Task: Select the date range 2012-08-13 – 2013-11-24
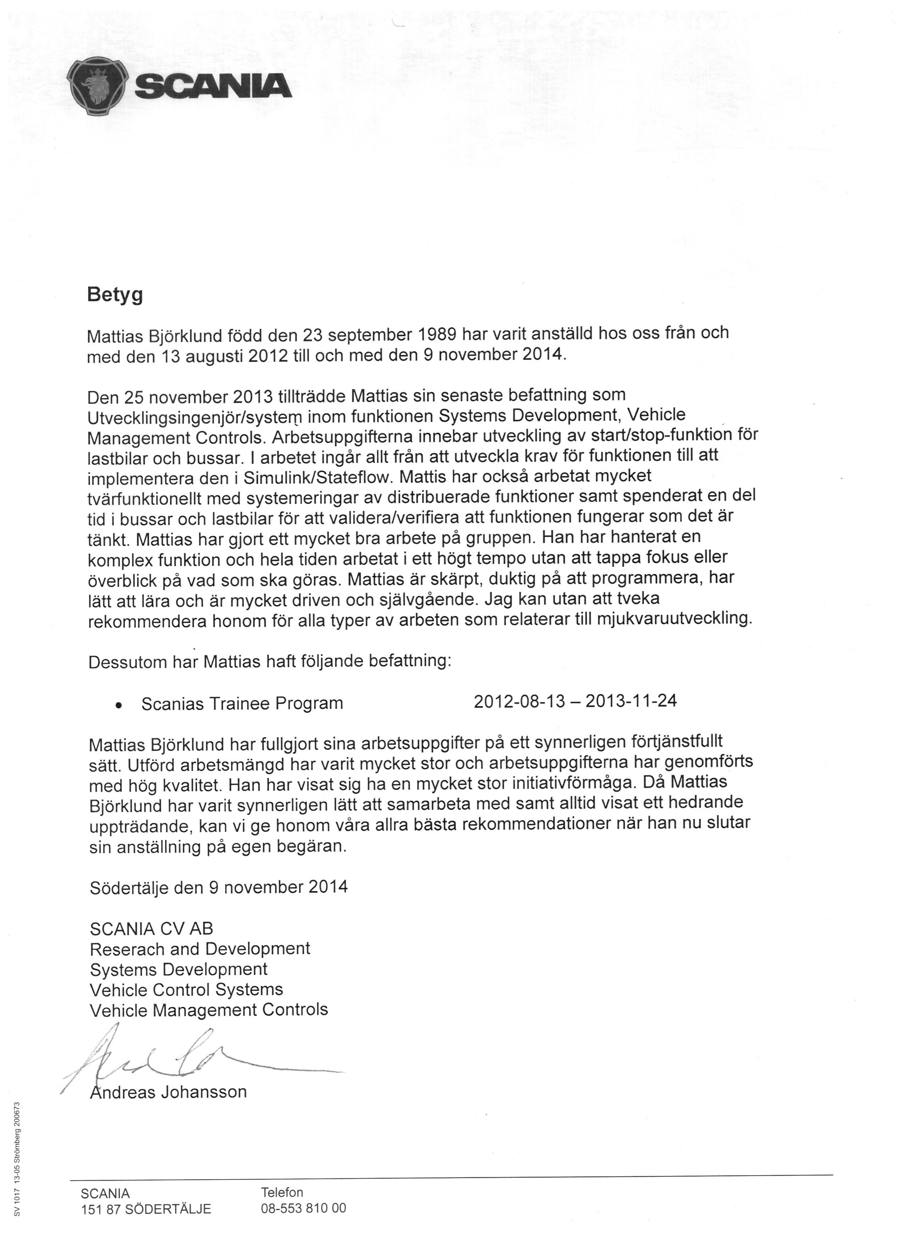tap(575, 701)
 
